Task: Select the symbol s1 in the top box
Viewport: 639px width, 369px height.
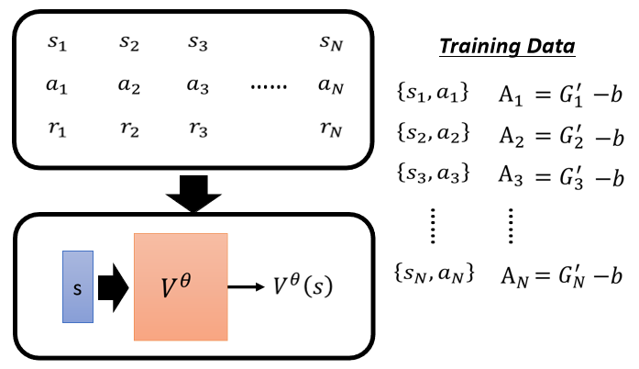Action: (57, 42)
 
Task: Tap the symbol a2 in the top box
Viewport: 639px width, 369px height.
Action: (128, 85)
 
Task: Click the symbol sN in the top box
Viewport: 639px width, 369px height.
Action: (331, 42)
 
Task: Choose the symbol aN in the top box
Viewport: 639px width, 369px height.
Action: (331, 85)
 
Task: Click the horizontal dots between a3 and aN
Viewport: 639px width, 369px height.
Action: (268, 86)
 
